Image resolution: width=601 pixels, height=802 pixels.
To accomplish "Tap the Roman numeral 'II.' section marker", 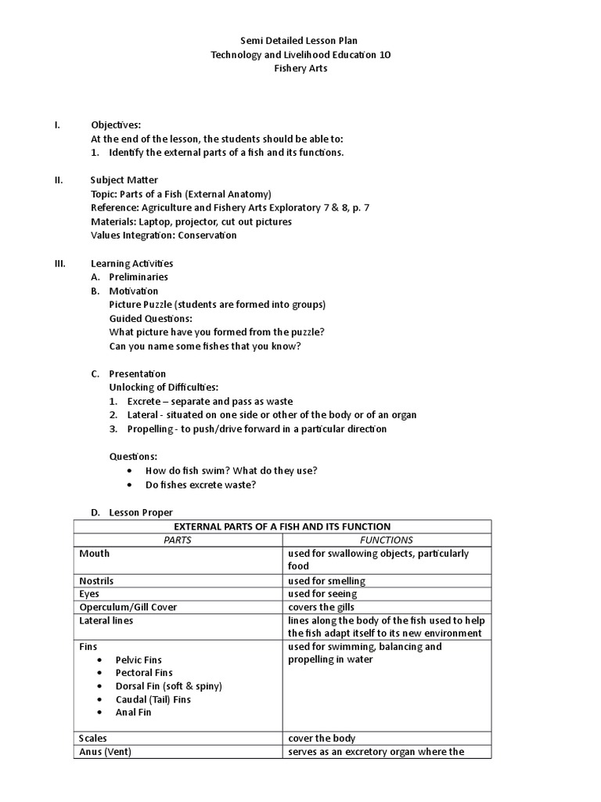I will [x=59, y=179].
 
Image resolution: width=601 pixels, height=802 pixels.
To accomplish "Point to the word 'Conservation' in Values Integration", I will [x=207, y=235].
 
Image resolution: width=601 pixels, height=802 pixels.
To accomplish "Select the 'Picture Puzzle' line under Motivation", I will [x=218, y=304].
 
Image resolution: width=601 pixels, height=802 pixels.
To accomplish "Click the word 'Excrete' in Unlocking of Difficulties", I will [x=143, y=401].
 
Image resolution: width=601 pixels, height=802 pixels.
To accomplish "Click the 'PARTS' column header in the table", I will [x=178, y=540].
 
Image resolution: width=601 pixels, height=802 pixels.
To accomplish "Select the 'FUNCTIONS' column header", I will [x=386, y=540].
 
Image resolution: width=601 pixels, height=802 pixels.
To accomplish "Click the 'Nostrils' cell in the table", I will [x=96, y=580].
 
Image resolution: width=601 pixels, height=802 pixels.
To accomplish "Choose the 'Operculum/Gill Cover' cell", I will [x=128, y=607].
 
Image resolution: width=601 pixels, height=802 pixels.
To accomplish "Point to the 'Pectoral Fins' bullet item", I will [x=144, y=673].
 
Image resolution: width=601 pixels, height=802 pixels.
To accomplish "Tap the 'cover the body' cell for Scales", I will [x=322, y=738].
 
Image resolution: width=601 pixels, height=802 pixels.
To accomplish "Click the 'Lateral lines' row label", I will [x=106, y=620].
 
